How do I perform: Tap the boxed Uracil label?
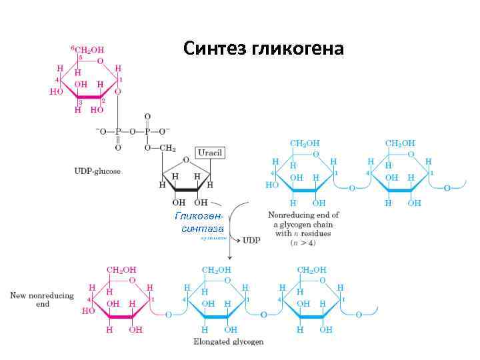209,153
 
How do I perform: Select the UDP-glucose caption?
97,171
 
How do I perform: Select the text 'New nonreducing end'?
42,299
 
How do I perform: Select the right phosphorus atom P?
148,131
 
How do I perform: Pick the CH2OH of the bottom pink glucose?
122,269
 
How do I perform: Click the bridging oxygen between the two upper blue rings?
351,189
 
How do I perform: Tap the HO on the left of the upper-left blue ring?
271,185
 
